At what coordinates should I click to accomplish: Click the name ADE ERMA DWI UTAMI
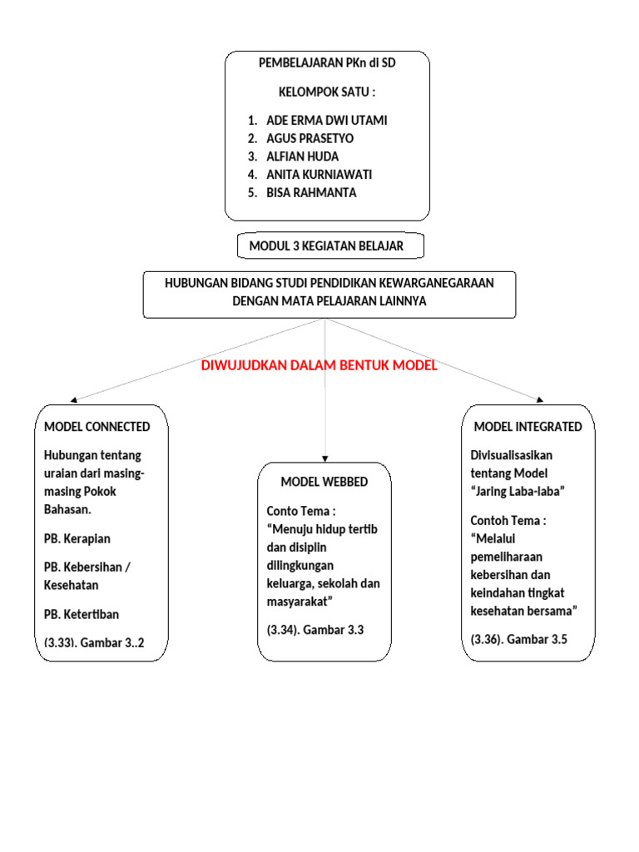point(326,120)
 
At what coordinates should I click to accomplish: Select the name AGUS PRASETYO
point(310,138)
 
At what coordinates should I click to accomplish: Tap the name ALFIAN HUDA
point(302,156)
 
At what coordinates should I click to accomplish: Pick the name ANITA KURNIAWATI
point(319,175)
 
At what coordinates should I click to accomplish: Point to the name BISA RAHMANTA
point(311,193)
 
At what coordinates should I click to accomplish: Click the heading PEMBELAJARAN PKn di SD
point(327,63)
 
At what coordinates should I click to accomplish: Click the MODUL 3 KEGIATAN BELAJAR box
point(326,246)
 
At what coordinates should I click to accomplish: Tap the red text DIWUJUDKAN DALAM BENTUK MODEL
point(319,366)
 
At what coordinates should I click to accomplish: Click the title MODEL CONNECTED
point(97,427)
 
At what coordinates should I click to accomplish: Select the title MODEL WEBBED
point(324,482)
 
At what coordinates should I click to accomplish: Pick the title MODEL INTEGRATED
point(528,427)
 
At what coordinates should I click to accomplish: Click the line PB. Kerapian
point(77,538)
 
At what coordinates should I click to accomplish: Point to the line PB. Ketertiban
point(82,615)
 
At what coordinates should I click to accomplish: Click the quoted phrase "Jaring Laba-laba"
point(518,491)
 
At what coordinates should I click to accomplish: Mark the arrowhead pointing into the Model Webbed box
point(324,458)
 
